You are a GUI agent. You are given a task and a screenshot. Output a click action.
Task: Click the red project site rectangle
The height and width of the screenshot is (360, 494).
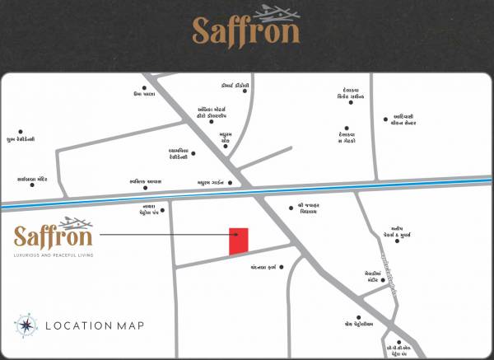tap(239, 241)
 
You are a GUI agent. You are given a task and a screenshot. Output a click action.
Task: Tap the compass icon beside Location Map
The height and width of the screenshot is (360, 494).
tap(26, 325)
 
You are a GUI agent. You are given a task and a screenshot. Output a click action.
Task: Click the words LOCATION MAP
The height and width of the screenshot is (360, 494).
tap(95, 325)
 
